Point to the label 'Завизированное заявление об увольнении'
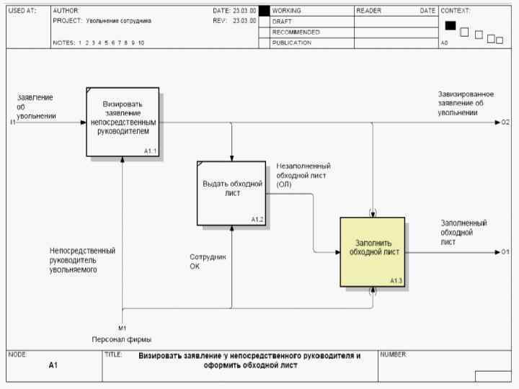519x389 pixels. (x=466, y=103)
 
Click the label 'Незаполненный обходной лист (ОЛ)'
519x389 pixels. (x=303, y=175)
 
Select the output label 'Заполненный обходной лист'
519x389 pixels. (x=463, y=232)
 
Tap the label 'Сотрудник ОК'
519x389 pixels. (x=208, y=261)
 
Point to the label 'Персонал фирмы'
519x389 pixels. (x=121, y=339)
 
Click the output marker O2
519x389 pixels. (x=506, y=122)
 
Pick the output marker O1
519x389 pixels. (x=506, y=252)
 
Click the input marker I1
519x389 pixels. (x=12, y=122)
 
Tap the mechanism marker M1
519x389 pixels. (x=122, y=328)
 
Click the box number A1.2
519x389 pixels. (x=257, y=219)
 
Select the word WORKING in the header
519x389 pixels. (x=287, y=11)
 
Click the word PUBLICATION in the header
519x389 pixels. (x=292, y=43)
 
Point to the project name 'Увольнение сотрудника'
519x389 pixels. (x=119, y=21)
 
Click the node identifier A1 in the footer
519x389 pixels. (x=53, y=366)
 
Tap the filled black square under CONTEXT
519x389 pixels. (x=451, y=26)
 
